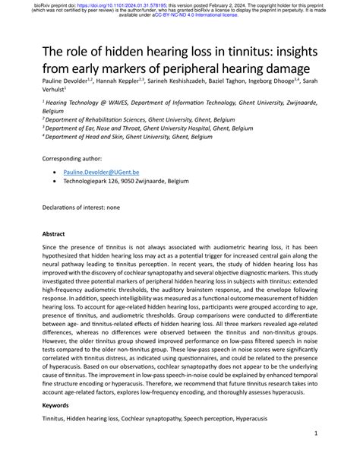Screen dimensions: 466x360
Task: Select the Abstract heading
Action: [54, 234]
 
